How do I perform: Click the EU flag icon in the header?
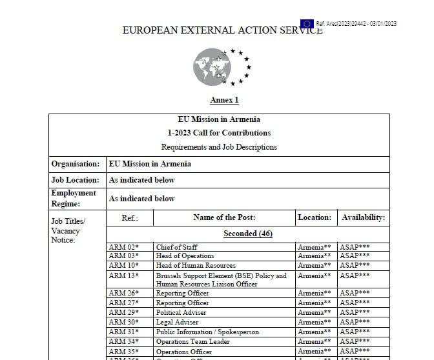coord(306,24)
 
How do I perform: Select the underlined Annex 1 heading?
coord(224,100)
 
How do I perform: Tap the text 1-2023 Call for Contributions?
coord(219,133)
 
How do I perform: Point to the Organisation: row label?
coord(76,164)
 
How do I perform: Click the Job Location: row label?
coord(76,180)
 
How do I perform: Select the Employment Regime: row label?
coord(74,198)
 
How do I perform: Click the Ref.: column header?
coord(130,218)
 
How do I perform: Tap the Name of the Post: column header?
coord(224,218)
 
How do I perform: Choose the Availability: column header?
coord(363,218)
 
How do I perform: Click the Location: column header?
coord(315,218)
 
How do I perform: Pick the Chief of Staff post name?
coord(177,247)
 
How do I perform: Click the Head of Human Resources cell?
coord(196,265)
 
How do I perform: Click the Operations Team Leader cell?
coord(193,341)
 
